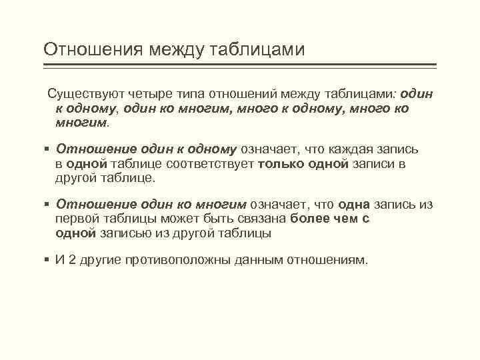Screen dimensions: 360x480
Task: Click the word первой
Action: point(82,219)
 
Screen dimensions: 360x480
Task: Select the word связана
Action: point(258,219)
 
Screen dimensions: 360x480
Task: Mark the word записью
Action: point(125,234)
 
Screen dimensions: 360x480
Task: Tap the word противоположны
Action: point(177,260)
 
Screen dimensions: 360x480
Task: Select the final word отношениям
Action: point(327,260)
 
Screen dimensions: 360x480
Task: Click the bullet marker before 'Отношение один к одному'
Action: point(47,150)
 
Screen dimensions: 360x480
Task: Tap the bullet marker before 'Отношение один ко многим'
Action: point(47,205)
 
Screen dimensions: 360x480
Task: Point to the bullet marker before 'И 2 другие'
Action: point(47,260)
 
